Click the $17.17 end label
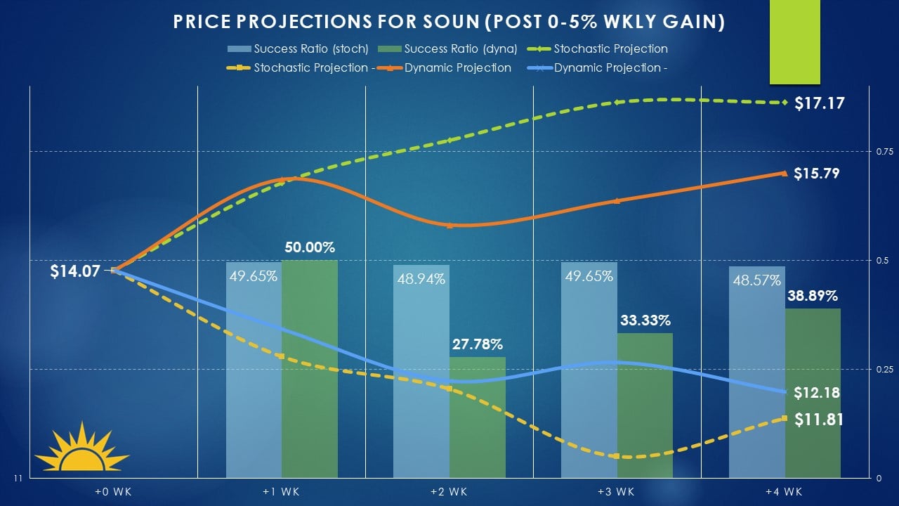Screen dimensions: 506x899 tap(819, 104)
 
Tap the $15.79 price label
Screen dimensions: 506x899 tap(817, 174)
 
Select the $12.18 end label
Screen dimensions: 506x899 tap(817, 393)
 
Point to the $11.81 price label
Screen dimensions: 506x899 tap(819, 420)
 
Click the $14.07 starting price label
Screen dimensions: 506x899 tap(75, 271)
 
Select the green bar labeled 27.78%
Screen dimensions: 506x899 tap(477, 417)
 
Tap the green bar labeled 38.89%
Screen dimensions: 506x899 tap(812, 394)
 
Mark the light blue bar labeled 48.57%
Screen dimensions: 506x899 tap(756, 372)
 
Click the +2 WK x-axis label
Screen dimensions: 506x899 tap(449, 491)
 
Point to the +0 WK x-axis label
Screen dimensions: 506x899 tap(113, 491)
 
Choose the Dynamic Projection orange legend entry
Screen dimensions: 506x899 tap(457, 68)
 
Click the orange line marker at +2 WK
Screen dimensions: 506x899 tap(449, 226)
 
